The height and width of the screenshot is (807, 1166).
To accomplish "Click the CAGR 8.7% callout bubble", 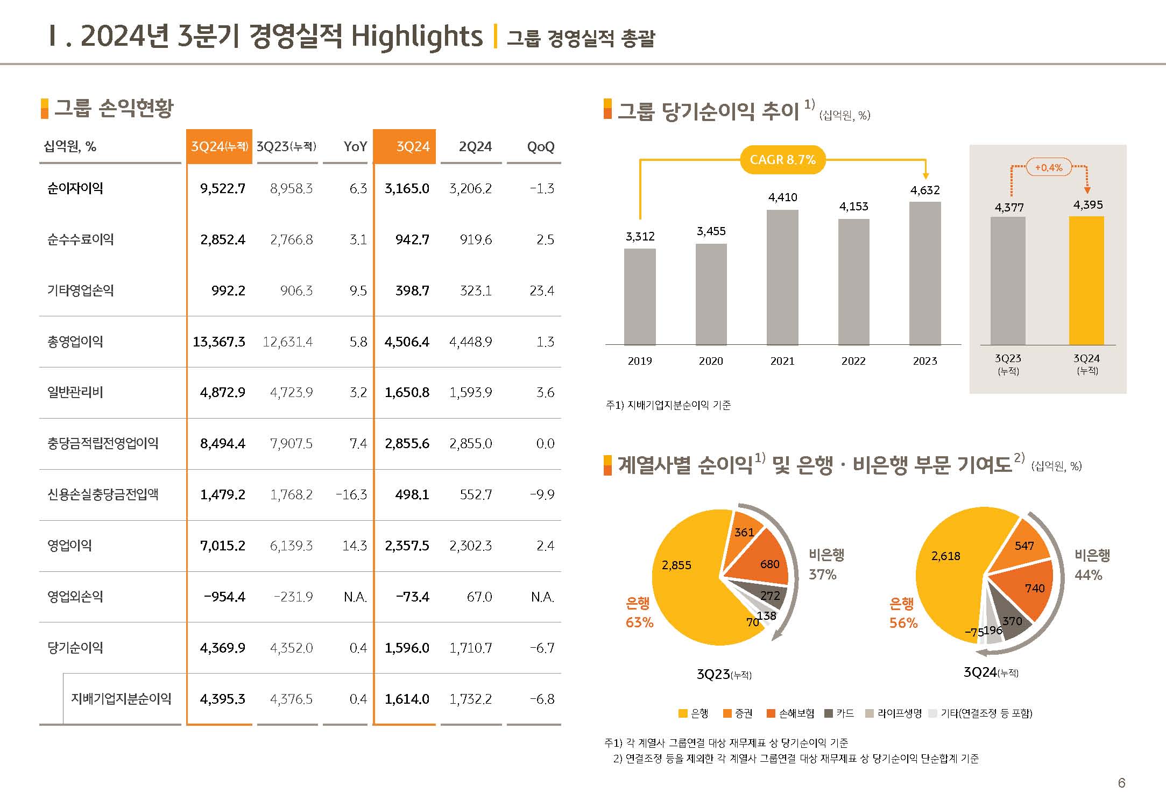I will click(782, 160).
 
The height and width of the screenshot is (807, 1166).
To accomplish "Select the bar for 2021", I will click(782, 277).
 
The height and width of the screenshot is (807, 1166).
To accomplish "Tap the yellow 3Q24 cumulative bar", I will click(1086, 280).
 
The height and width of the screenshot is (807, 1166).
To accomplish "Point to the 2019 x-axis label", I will click(640, 361).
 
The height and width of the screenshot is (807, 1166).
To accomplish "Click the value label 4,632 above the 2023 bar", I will click(924, 190).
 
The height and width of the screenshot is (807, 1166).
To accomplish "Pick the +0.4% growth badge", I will click(1049, 167).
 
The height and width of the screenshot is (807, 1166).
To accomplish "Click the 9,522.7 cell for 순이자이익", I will click(222, 188).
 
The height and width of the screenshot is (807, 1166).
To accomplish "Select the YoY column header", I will click(355, 146).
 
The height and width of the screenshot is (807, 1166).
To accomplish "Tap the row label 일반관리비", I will click(75, 392).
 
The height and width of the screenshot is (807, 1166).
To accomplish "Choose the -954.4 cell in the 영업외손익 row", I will click(224, 597).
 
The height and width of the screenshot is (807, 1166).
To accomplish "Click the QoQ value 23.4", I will click(541, 291).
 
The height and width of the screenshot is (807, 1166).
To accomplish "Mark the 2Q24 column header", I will click(475, 146).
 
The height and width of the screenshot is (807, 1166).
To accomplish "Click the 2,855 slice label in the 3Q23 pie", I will click(676, 565).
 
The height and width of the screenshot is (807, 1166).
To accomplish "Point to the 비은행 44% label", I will click(1092, 565).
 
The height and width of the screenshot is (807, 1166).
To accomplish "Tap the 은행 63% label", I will click(639, 613).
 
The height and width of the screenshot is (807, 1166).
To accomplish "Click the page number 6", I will click(1121, 783).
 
